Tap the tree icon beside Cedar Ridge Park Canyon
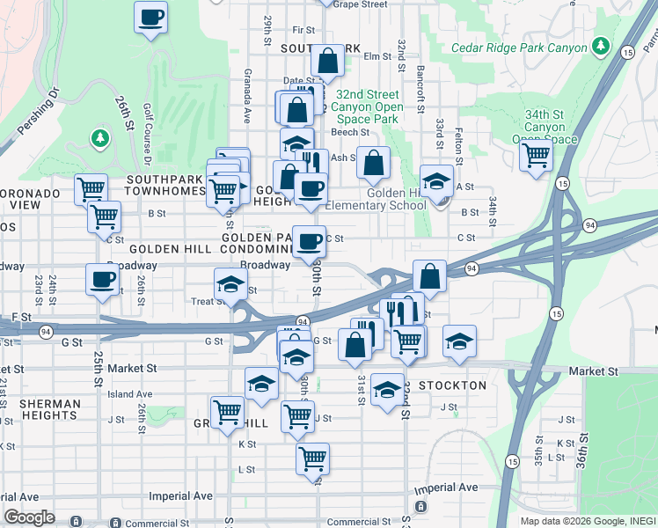601,45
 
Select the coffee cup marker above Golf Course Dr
150,17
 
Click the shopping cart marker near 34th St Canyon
535,156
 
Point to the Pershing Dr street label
40,113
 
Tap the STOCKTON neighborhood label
452,385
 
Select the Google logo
29,517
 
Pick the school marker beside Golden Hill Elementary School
435,181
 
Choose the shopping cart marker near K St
313,458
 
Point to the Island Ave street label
130,394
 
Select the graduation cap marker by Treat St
230,285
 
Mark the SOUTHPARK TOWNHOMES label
165,184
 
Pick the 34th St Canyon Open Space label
545,127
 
